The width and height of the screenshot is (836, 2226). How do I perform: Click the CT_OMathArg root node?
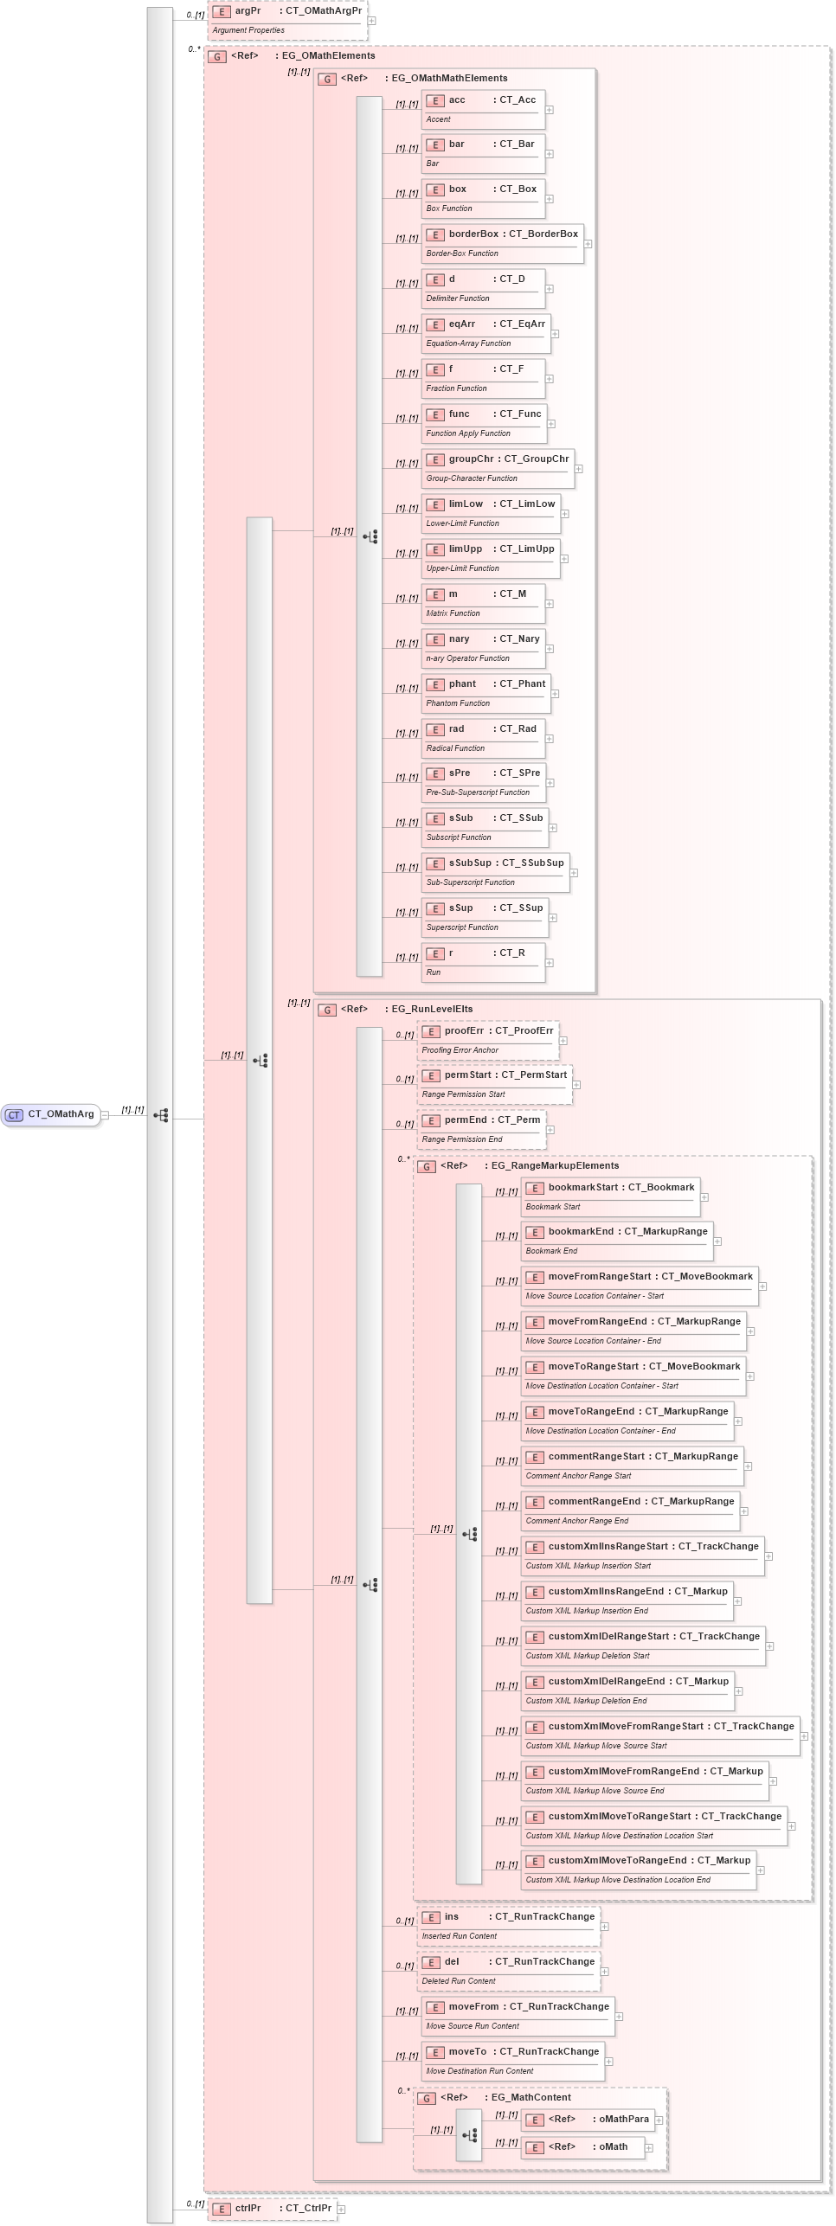pyautogui.click(x=52, y=1114)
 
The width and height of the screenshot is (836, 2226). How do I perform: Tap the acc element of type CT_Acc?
pyautogui.click(x=483, y=108)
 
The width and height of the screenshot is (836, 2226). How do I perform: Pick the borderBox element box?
pyautogui.click(x=502, y=242)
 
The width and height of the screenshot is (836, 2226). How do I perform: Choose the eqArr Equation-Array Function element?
pyautogui.click(x=486, y=332)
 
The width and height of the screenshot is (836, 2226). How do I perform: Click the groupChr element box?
pyautogui.click(x=498, y=467)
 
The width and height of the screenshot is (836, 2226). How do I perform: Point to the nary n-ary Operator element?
pyautogui.click(x=483, y=647)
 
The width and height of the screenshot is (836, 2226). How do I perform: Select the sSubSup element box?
pyautogui.click(x=495, y=871)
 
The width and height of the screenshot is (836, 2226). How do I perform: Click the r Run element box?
pyautogui.click(x=483, y=961)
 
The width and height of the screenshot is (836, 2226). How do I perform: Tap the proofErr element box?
pyautogui.click(x=488, y=1039)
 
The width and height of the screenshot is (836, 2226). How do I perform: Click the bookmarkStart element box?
pyautogui.click(x=610, y=1196)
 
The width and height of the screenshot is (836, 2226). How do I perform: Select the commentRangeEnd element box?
pyautogui.click(x=630, y=1510)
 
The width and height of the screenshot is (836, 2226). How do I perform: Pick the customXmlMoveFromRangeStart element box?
pyautogui.click(x=660, y=1735)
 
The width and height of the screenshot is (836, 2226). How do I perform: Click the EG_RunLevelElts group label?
pyautogui.click(x=432, y=1009)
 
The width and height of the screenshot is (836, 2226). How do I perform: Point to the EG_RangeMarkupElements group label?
pyautogui.click(x=555, y=1165)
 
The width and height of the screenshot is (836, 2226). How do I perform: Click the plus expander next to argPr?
pyautogui.click(x=371, y=21)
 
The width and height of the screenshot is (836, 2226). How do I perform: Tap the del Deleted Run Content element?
pyautogui.click(x=508, y=1970)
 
